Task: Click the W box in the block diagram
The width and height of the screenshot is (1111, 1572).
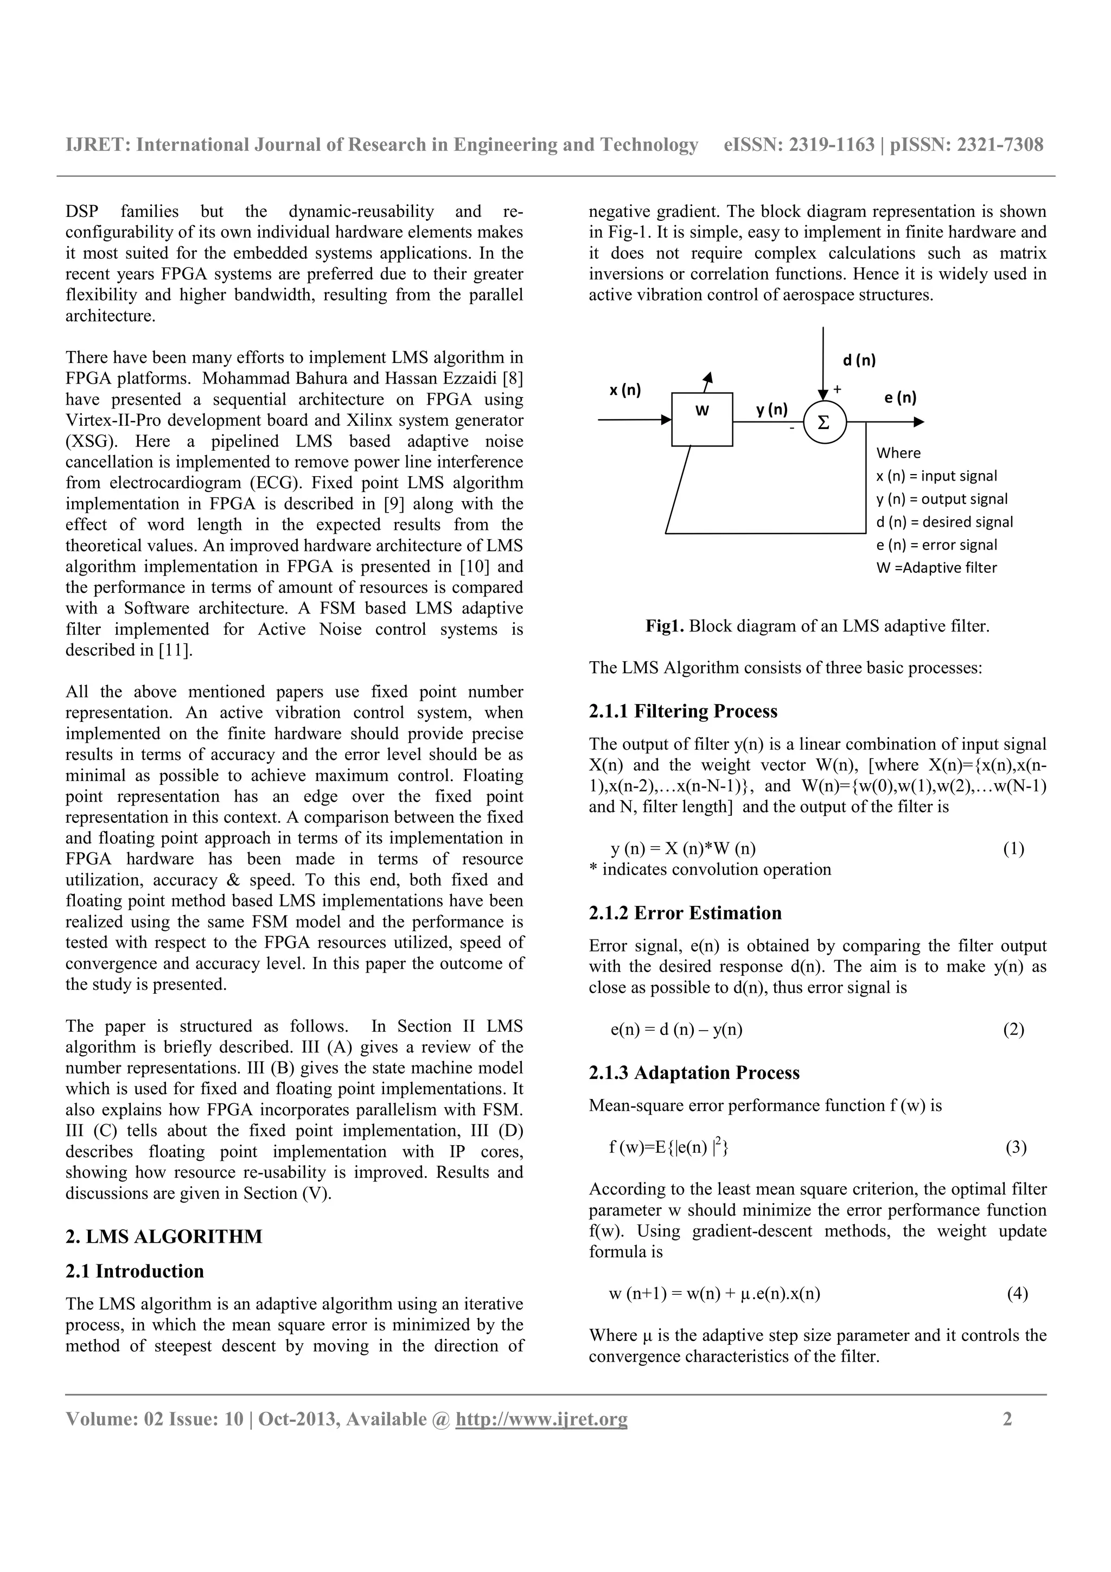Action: tap(701, 419)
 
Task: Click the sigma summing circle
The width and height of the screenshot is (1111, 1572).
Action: tap(823, 423)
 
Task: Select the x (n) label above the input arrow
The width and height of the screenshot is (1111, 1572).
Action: tap(625, 390)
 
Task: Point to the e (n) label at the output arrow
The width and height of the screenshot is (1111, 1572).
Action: tap(899, 398)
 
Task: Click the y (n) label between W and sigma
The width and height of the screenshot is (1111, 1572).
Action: tap(771, 410)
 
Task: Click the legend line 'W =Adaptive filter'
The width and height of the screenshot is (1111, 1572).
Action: tap(936, 567)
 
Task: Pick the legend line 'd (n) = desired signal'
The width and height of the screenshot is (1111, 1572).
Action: tap(944, 522)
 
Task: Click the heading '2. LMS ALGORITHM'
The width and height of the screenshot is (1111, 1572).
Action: tap(164, 1237)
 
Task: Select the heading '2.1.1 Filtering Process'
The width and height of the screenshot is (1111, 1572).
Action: tap(682, 711)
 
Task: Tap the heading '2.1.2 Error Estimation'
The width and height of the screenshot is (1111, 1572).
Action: tap(685, 913)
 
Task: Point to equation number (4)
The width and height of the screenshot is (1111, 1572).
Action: tap(1017, 1293)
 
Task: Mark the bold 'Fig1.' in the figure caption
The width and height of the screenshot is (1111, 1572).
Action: tap(665, 626)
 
